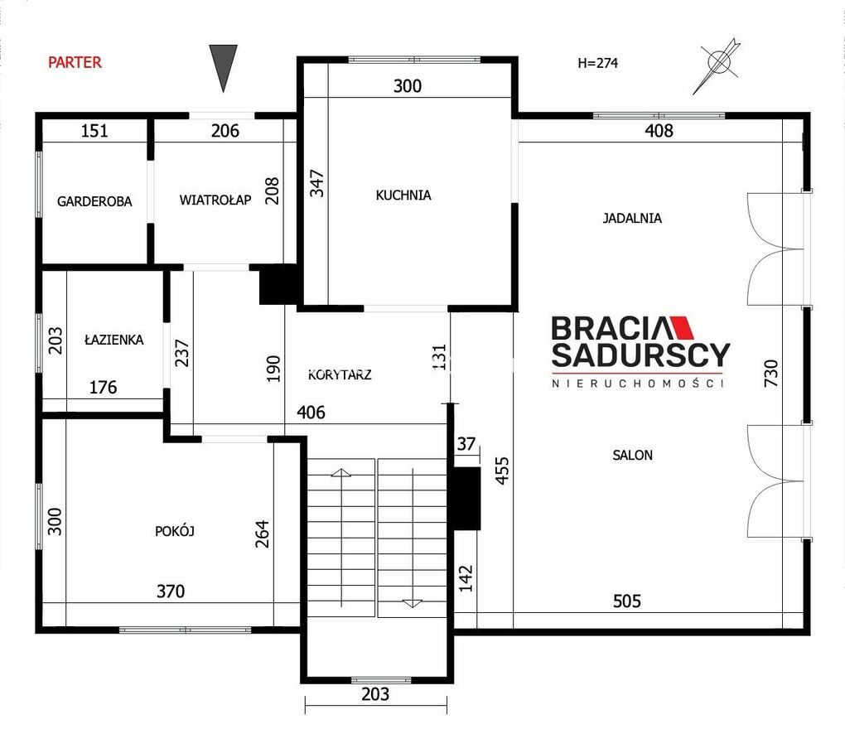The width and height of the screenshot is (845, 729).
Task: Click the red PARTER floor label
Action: point(75,62)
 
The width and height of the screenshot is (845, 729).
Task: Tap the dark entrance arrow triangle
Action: point(223,68)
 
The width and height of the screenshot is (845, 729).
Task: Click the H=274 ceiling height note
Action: point(597,63)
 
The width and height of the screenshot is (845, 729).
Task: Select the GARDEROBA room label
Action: point(94,201)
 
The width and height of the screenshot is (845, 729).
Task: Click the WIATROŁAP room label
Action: point(215,200)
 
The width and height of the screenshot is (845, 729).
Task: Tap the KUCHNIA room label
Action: point(403,195)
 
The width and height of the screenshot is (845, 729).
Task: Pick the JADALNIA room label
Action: point(632,218)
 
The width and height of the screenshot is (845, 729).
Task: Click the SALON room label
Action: point(633,456)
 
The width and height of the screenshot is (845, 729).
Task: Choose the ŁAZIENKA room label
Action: point(114,340)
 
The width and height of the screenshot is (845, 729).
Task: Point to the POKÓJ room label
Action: point(175,531)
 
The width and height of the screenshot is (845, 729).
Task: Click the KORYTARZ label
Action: point(340,375)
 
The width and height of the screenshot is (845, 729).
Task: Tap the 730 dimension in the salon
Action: point(771,373)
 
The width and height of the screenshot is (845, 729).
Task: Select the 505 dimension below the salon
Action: point(627,601)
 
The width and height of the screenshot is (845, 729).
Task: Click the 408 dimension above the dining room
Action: point(659,130)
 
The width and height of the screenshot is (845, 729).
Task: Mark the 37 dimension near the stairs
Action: point(466,444)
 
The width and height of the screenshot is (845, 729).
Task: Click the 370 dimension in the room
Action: point(171,591)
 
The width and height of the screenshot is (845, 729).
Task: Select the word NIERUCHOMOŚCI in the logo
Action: point(638,383)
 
